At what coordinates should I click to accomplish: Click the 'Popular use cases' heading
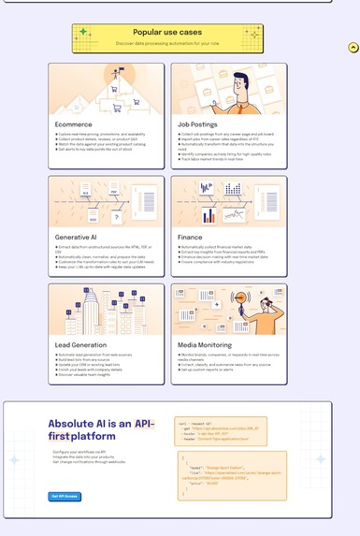click(x=167, y=32)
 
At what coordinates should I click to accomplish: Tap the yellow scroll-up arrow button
click(x=353, y=48)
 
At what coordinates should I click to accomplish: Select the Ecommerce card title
click(x=74, y=124)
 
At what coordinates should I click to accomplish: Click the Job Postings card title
click(x=198, y=124)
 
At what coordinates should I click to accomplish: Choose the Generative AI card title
click(x=78, y=238)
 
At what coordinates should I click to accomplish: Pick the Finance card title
click(x=190, y=238)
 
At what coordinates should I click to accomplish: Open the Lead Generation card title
click(x=81, y=345)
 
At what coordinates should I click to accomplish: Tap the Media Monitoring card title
click(x=204, y=345)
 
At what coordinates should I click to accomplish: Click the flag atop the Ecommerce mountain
click(x=120, y=70)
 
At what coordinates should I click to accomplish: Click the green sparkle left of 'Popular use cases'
click(x=84, y=33)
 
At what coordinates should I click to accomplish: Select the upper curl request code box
click(x=222, y=431)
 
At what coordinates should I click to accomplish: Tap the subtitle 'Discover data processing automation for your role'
click(x=167, y=43)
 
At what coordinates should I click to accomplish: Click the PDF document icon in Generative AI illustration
click(x=113, y=193)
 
